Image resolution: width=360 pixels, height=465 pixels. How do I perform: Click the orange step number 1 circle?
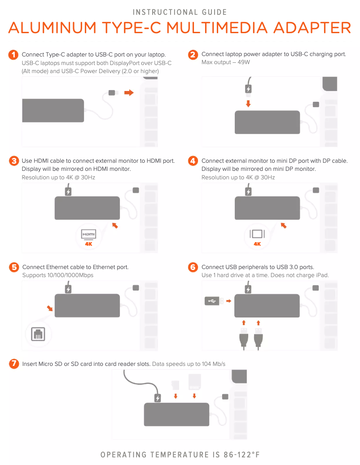13,55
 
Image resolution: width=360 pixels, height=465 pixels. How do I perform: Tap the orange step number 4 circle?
193,161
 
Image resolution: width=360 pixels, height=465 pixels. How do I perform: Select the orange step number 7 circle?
14,364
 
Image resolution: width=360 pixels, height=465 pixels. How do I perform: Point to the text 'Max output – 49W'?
225,62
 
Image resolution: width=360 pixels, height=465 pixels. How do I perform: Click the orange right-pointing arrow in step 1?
129,93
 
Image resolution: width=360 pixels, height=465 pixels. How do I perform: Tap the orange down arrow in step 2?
248,104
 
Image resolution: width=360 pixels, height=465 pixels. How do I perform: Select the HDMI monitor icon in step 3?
88,235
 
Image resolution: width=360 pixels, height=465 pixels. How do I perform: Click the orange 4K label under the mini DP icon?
257,244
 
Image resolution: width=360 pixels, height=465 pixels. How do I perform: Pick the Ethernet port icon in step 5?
37,334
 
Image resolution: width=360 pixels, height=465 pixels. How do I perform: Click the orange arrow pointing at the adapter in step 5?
49,309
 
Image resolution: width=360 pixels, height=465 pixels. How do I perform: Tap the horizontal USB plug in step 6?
214,301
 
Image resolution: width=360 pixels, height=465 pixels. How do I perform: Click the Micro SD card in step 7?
176,385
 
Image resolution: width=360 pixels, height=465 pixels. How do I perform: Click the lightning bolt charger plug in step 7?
158,398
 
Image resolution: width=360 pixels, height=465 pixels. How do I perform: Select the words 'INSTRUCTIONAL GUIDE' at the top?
180,12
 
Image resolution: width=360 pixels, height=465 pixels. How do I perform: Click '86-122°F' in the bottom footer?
241,455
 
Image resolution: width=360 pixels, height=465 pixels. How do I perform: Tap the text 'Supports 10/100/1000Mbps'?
58,275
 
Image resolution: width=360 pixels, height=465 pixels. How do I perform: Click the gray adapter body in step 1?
53,110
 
